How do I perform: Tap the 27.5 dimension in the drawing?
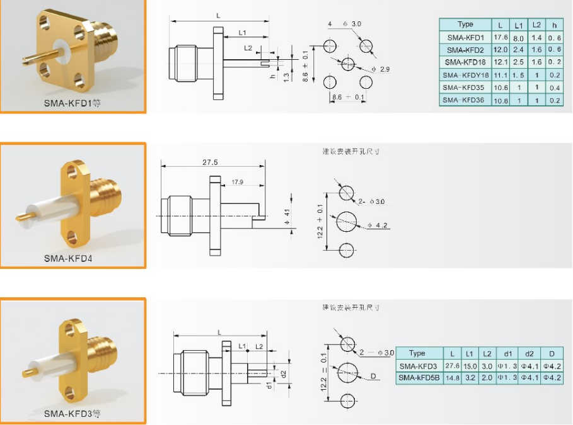(211, 162)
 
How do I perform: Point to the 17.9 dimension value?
(238, 183)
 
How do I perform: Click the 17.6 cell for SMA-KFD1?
(500, 38)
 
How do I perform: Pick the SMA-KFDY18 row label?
(465, 75)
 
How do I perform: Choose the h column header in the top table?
(554, 25)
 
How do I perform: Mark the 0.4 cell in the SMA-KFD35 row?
(554, 88)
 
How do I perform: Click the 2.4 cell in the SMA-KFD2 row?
(518, 50)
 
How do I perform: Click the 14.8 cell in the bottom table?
(452, 378)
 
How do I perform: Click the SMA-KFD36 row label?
(465, 100)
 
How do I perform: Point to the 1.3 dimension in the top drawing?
(286, 77)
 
